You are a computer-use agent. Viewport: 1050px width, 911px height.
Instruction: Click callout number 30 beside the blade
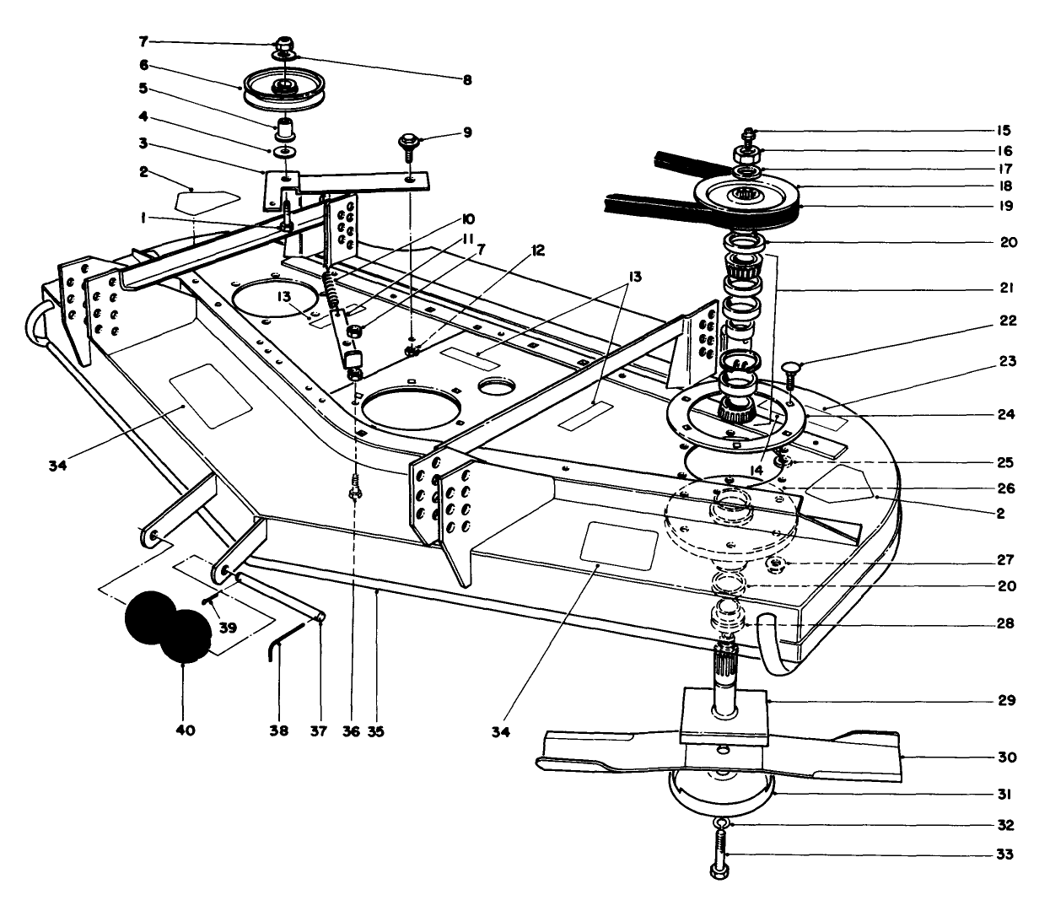(1004, 757)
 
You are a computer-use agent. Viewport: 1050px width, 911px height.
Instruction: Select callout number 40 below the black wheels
(186, 730)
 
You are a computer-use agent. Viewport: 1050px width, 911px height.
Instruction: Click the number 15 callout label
(1004, 131)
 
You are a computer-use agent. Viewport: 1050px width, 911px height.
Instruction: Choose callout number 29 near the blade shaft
(1004, 700)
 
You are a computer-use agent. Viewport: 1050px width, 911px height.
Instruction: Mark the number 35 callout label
(376, 730)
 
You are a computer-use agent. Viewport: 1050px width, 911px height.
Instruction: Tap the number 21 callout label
(1004, 288)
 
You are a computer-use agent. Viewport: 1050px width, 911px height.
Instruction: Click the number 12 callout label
(539, 251)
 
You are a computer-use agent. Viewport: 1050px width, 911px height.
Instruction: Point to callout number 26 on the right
(1004, 488)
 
